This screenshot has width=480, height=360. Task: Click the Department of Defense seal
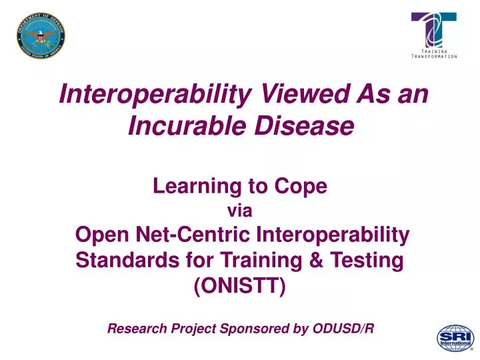point(41,36)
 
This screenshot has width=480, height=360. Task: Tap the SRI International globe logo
point(455,338)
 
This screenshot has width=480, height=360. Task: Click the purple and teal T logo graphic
point(434,30)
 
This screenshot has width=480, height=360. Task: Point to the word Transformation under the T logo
point(434,56)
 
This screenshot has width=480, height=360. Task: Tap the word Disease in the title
point(304,126)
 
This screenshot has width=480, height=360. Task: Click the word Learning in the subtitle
point(197,187)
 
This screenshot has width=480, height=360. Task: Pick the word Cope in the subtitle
point(301,186)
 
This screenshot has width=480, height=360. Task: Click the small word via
point(240,211)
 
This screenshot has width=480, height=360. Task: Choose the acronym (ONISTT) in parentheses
point(240,286)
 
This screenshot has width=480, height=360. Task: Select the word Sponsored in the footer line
point(254,329)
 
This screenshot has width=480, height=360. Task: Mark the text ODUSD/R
point(343,329)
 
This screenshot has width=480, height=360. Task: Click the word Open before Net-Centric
point(102,235)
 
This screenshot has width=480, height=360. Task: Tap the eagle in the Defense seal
point(41,36)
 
